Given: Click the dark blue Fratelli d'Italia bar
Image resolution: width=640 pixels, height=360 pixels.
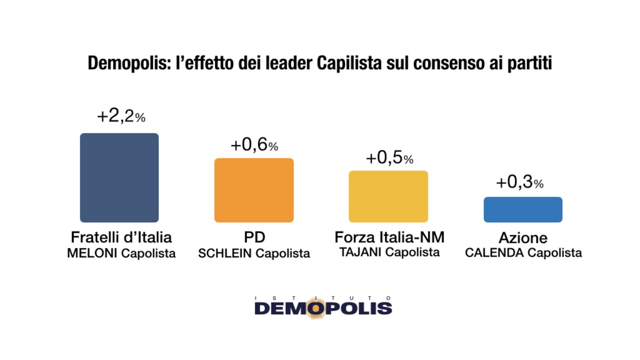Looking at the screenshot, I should (119, 178).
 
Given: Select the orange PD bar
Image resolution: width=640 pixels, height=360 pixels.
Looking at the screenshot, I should (254, 190).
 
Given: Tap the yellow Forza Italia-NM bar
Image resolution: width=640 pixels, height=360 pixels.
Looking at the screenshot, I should (388, 196).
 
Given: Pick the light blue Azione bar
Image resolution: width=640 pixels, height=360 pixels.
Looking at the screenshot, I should (523, 210).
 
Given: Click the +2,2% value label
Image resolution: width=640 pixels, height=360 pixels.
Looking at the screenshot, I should (121, 117).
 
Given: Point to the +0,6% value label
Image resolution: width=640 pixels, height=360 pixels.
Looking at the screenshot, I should (254, 146).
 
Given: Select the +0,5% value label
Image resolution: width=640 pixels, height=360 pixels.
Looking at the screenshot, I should (389, 158).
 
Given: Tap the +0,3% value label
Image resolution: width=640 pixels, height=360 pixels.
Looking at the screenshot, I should (519, 183).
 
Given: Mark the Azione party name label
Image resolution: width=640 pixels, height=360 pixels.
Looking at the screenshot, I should (523, 238).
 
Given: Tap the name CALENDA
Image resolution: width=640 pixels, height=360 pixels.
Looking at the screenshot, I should (494, 253).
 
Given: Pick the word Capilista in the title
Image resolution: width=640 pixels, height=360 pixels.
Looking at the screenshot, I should (353, 64).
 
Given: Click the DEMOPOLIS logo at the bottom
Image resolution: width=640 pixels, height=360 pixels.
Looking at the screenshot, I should (323, 307).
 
